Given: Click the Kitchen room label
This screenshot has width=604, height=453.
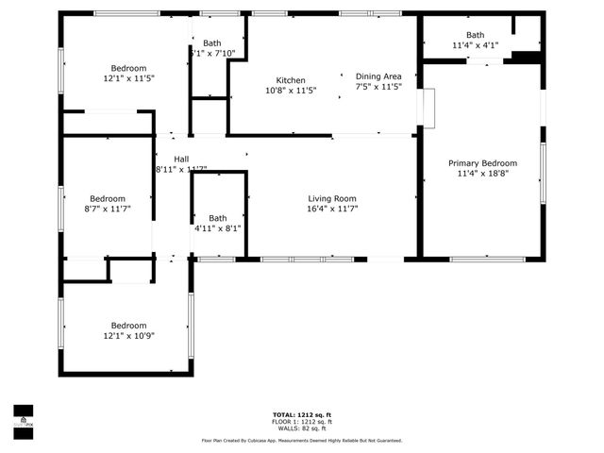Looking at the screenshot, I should [x=291, y=80].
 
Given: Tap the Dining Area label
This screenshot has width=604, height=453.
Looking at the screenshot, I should [x=378, y=76].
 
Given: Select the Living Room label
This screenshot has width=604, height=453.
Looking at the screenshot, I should [x=332, y=198].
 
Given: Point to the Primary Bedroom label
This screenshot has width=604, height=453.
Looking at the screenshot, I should [x=481, y=162].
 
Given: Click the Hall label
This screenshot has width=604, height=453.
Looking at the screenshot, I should [x=180, y=159].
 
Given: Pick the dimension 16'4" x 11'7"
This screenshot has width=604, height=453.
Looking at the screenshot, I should [x=332, y=209].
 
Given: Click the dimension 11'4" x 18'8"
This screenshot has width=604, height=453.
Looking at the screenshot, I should [x=481, y=173].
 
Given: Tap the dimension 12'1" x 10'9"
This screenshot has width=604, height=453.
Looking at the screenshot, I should [x=128, y=335].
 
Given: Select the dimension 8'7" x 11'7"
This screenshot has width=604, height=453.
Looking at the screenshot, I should [x=107, y=209].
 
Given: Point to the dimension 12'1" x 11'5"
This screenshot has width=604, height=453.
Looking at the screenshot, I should [x=128, y=78].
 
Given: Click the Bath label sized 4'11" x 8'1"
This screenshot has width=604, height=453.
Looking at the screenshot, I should [x=218, y=218].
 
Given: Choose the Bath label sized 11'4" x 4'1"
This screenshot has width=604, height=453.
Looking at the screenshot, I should [x=474, y=35].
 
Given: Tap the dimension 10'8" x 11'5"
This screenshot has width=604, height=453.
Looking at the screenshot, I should [x=291, y=91].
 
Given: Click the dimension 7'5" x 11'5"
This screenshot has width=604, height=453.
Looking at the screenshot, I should [x=378, y=87].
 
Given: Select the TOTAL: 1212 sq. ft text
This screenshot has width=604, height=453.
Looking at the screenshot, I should [x=302, y=415].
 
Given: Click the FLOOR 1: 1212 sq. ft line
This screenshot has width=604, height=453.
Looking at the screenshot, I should [x=302, y=422].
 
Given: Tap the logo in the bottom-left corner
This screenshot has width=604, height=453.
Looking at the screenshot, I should [x=22, y=416].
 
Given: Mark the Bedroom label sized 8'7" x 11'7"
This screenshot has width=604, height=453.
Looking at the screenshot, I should [x=107, y=198].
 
